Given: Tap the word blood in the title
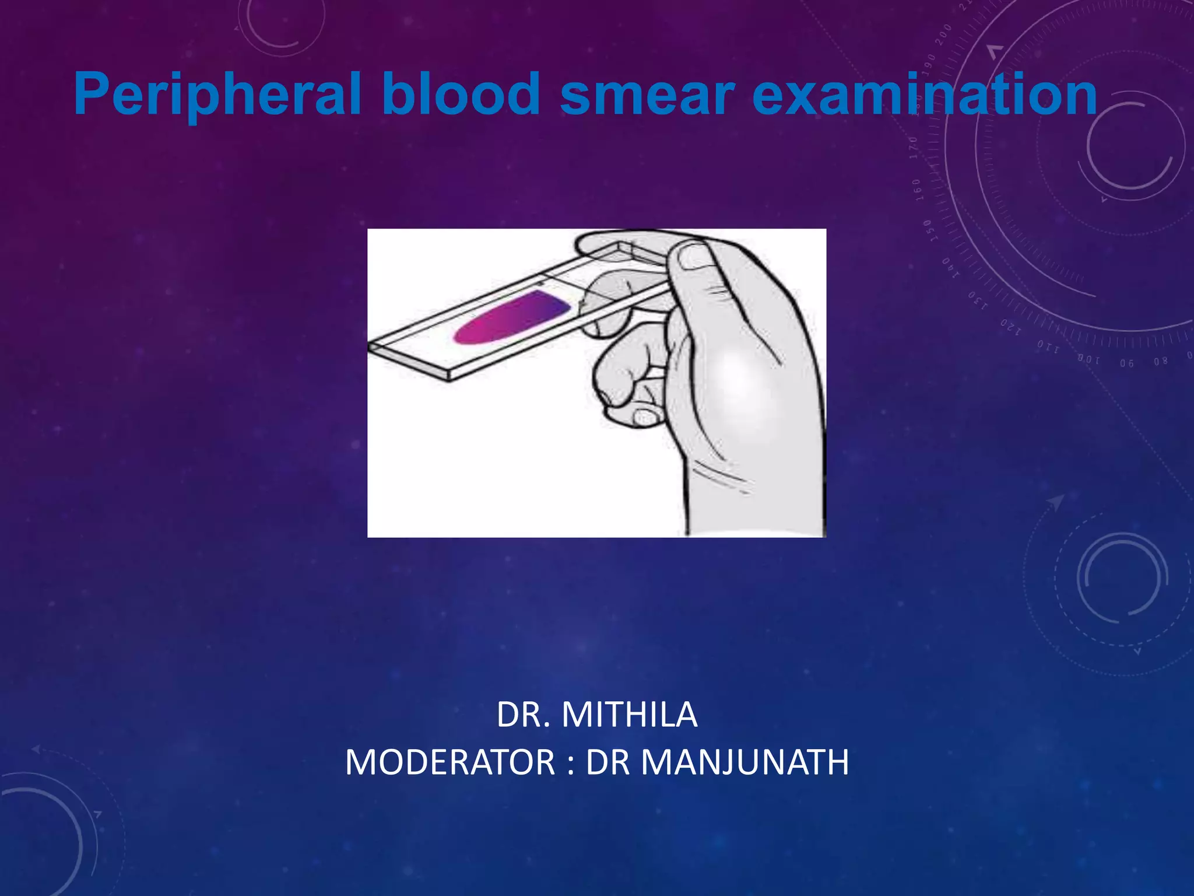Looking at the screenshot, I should click(461, 95).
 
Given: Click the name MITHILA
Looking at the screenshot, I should click(629, 715).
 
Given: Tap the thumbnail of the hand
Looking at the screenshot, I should click(694, 257).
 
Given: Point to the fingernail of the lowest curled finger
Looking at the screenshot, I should click(645, 417).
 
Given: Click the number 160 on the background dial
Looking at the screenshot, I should click(918, 190).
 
